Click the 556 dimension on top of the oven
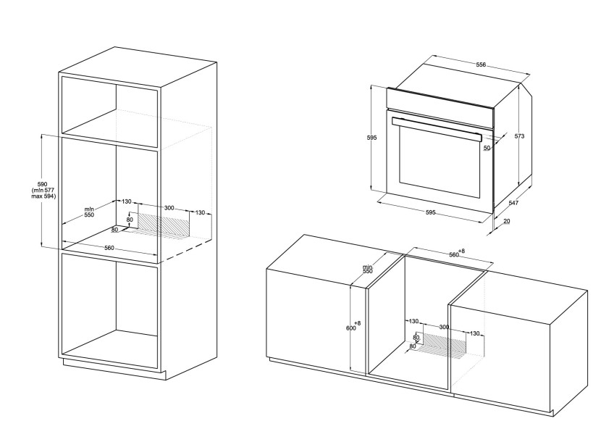(x=481, y=64)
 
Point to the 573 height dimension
(x=519, y=136)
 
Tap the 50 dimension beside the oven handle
(x=487, y=148)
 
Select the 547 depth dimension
(x=513, y=203)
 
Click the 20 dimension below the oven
(x=507, y=221)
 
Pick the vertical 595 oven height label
(x=371, y=138)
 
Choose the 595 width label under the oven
(x=430, y=212)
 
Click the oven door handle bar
(x=437, y=129)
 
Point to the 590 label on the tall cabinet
(x=42, y=185)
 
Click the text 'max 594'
(x=43, y=196)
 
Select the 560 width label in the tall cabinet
(x=109, y=248)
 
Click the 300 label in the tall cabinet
(x=169, y=208)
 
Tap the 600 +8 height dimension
(x=353, y=327)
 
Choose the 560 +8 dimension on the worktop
(x=456, y=254)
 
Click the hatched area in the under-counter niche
(x=443, y=343)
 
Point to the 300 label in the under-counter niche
(x=444, y=328)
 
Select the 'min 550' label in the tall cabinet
(x=89, y=212)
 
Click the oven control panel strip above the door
(x=440, y=103)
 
